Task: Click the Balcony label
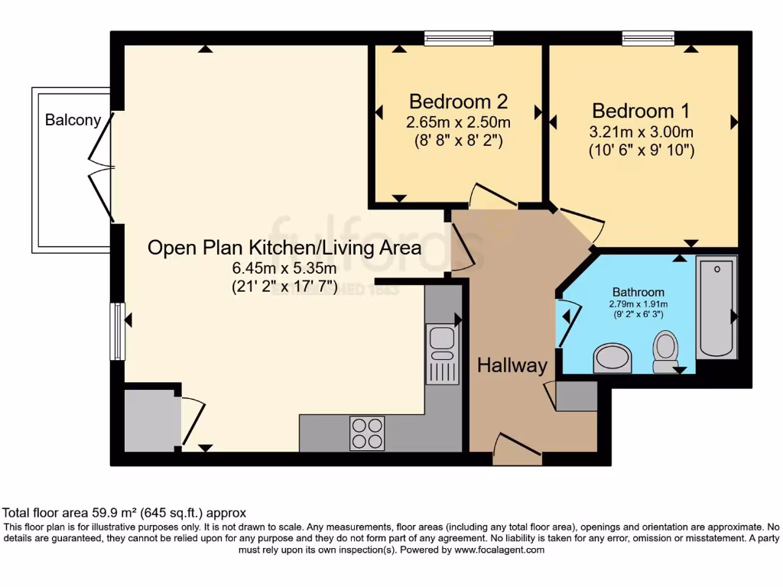click(73, 120)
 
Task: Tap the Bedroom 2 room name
click(459, 102)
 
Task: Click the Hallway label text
click(512, 365)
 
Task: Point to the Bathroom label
click(638, 292)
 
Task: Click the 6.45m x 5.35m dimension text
click(284, 268)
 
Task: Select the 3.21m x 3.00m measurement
click(641, 131)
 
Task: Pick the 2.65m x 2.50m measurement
click(459, 122)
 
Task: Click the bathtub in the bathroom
click(717, 307)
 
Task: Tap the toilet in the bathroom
click(665, 352)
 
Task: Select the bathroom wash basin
click(613, 358)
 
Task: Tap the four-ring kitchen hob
click(367, 433)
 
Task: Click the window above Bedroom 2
click(459, 37)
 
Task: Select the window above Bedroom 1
click(648, 37)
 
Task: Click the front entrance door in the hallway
click(517, 450)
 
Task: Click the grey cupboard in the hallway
click(577, 396)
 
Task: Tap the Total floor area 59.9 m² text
click(125, 513)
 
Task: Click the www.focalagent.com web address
click(499, 550)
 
